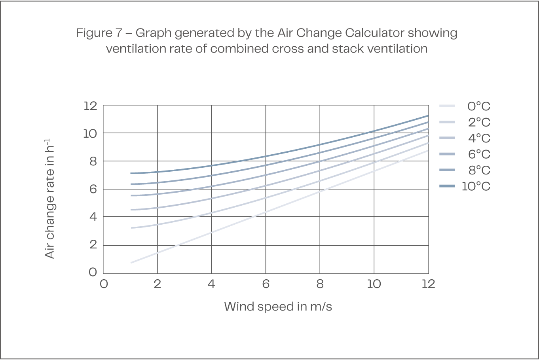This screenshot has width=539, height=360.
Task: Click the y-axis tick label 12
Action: pos(90,106)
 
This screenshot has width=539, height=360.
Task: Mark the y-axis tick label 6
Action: pos(93,189)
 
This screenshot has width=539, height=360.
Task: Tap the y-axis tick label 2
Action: pos(93,245)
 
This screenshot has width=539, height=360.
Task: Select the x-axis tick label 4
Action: pos(211,284)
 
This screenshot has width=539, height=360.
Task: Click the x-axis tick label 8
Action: pos(320,284)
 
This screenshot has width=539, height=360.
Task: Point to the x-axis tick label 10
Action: pos(374,284)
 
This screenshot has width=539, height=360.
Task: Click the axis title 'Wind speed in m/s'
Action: pos(278,307)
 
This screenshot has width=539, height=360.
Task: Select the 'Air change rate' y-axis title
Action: pos(50,198)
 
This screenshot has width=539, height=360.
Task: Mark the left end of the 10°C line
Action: pos(131,173)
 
